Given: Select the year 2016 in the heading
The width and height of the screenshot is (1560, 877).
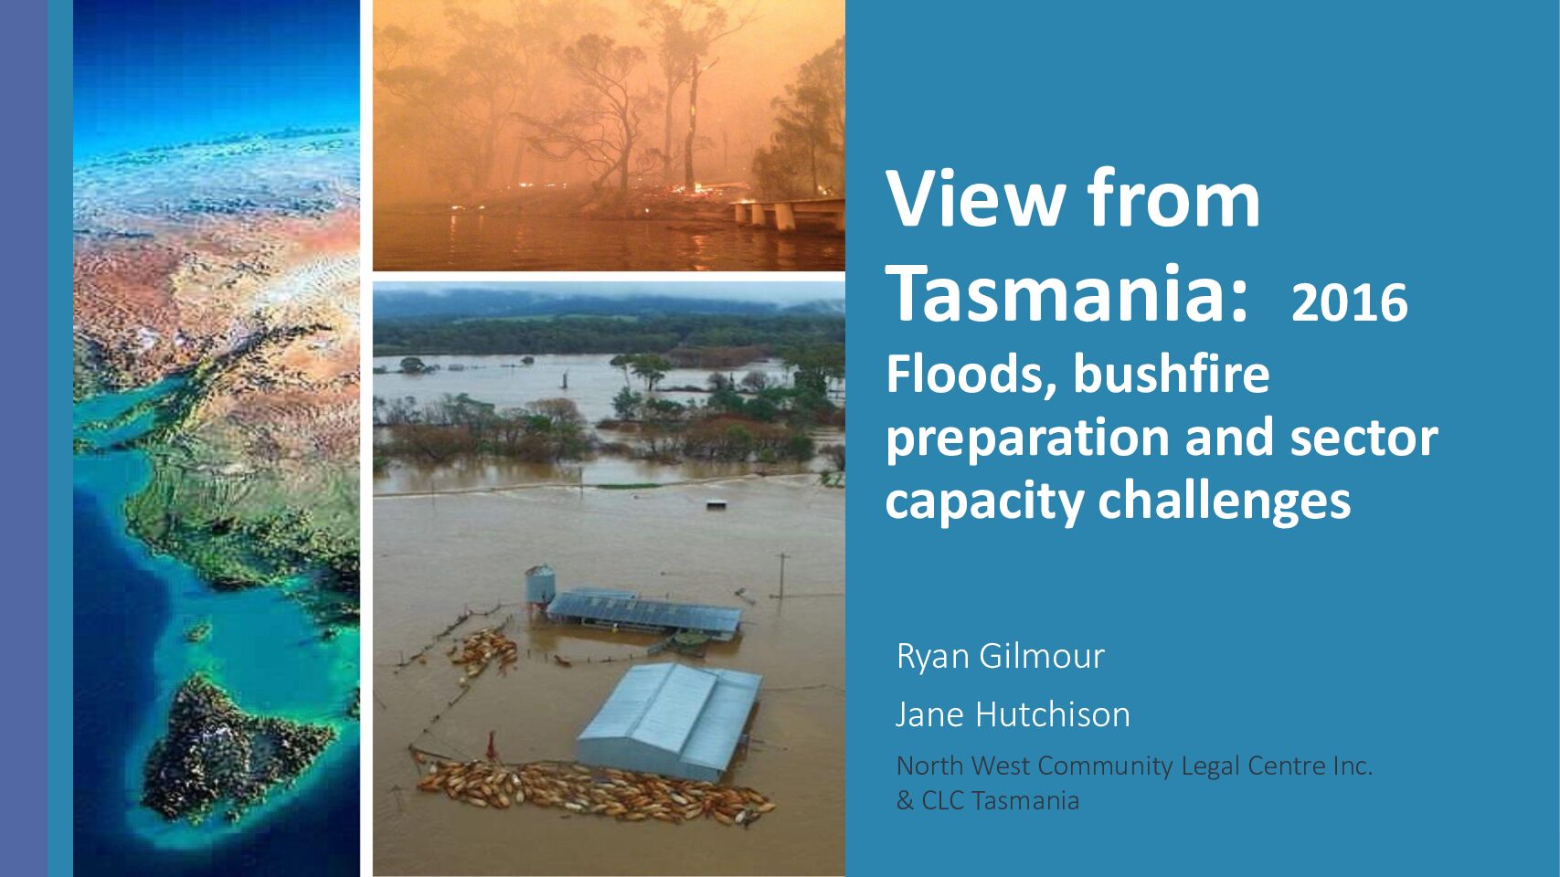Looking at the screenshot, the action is coord(1350,302).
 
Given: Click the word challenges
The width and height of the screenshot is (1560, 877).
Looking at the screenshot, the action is coord(1225,502).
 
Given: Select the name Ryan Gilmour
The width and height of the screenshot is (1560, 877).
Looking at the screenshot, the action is coord(1001,656).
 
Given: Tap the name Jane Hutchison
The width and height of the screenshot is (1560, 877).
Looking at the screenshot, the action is coord(1013,714).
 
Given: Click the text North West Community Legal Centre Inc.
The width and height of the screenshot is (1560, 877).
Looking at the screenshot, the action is coord(1134,766).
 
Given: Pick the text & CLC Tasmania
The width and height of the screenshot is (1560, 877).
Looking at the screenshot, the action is coord(988,800).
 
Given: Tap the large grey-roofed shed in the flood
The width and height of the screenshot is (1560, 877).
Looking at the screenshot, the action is coord(670,721).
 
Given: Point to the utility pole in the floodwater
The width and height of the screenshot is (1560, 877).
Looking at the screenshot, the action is coord(782,576).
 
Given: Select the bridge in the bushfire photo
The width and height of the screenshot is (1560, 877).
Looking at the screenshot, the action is coord(789,213).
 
